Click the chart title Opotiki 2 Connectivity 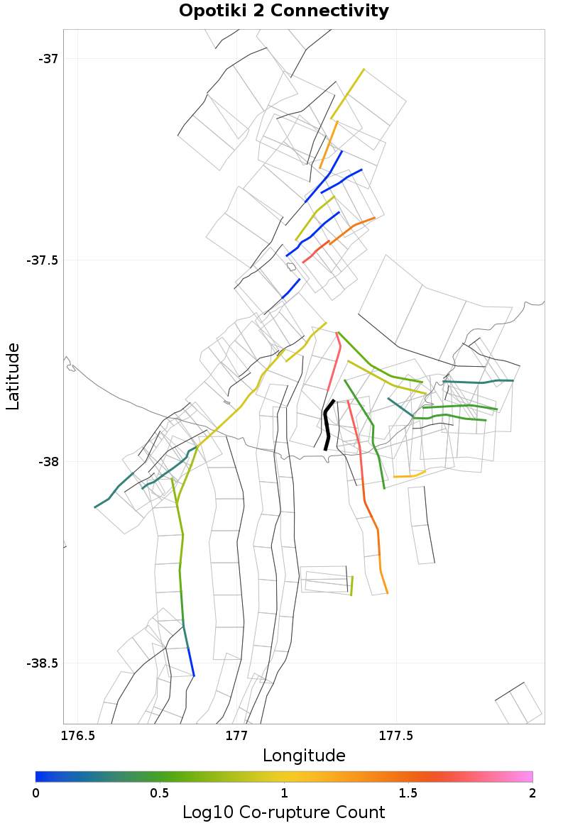click(x=283, y=11)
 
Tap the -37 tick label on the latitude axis click(x=48, y=58)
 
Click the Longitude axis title click(x=304, y=755)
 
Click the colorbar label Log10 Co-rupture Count click(x=283, y=812)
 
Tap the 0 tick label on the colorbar click(x=36, y=792)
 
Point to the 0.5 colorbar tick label click(x=160, y=792)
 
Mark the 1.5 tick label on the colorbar click(x=408, y=792)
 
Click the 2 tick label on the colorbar click(x=532, y=792)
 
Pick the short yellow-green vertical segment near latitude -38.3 click(x=351, y=585)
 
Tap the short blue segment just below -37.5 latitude click(x=291, y=288)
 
